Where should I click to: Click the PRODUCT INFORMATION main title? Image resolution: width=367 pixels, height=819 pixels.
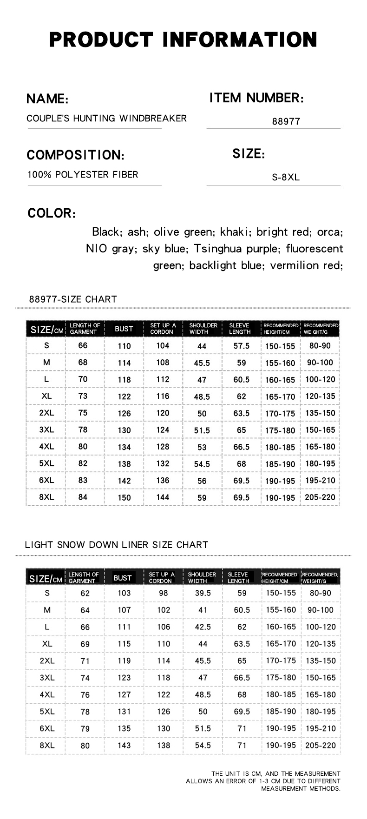pyautogui.click(x=183, y=40)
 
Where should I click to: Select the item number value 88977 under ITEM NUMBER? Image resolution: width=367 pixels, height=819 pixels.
pyautogui.click(x=286, y=121)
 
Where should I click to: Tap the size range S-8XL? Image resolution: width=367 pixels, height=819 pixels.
pyautogui.click(x=286, y=178)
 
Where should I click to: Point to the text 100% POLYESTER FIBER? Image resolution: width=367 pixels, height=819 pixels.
pyautogui.click(x=83, y=175)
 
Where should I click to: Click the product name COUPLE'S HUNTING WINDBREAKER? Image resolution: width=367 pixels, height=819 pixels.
pyautogui.click(x=106, y=118)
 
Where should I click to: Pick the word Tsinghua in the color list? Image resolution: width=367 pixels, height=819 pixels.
pyautogui.click(x=218, y=249)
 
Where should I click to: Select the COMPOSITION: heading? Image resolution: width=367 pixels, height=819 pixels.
pyautogui.click(x=75, y=155)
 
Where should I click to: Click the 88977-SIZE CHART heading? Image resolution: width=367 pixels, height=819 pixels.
pyautogui.click(x=73, y=299)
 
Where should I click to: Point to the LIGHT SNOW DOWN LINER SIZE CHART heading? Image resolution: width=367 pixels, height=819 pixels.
pyautogui.click(x=117, y=545)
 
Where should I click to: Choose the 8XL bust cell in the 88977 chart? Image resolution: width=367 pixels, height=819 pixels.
pyautogui.click(x=124, y=497)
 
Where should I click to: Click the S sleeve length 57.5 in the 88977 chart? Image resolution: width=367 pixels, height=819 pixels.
pyautogui.click(x=241, y=346)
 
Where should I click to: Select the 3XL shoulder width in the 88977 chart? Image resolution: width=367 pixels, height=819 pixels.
pyautogui.click(x=202, y=430)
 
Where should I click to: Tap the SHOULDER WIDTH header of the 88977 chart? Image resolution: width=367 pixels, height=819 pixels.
pyautogui.click(x=203, y=329)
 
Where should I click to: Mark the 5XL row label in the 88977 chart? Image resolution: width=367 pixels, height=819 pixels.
pyautogui.click(x=46, y=463)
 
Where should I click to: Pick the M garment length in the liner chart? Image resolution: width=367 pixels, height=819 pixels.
pyautogui.click(x=85, y=610)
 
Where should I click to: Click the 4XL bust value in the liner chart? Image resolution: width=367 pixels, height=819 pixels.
pyautogui.click(x=124, y=694)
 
